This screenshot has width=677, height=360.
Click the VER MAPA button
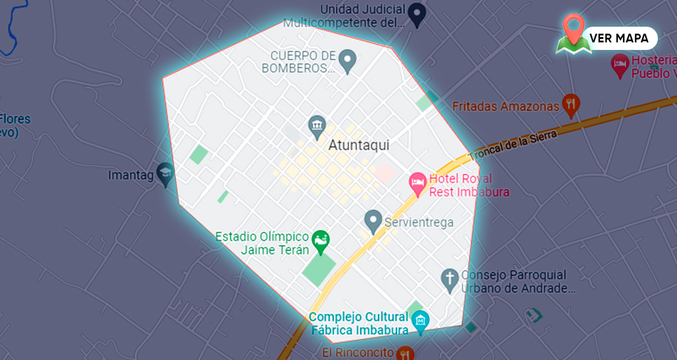619,38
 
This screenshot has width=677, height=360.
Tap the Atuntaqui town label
359,145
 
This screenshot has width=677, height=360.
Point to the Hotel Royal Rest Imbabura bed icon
417,182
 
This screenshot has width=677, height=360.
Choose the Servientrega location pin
372,221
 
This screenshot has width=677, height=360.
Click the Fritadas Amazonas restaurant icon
571,104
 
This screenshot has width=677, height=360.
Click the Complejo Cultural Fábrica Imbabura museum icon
420,321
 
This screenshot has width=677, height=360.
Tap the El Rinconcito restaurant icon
405,352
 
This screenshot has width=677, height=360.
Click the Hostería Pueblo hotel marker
620,67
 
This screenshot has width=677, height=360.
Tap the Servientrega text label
419,222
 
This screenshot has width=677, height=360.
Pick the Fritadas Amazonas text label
505,106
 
